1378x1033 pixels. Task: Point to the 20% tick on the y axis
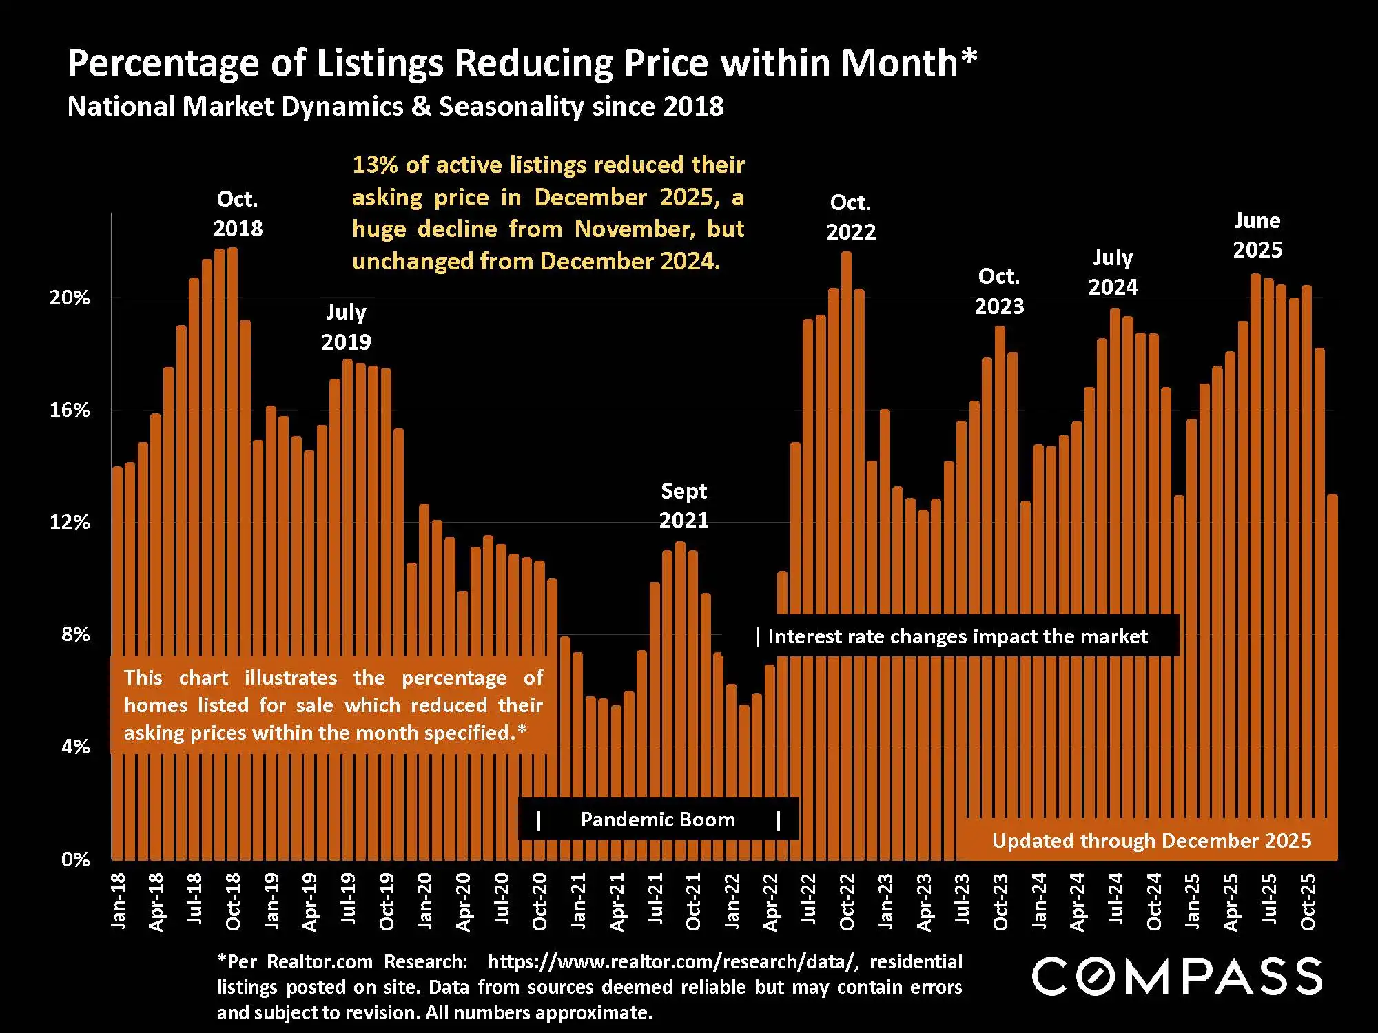70,298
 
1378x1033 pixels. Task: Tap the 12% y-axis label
70,522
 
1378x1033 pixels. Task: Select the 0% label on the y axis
75,859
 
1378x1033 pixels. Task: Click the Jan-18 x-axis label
119,901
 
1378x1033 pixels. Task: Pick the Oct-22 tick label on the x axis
847,901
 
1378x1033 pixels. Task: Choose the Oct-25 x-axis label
1307,901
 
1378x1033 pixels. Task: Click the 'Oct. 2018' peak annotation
238,213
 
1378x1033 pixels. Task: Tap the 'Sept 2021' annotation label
683,505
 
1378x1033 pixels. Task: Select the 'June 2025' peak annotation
1257,235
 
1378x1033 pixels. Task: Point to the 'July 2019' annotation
346,326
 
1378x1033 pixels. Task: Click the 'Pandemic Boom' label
657,820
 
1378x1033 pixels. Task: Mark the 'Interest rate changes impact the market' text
957,636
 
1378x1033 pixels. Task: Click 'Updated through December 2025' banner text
1151,841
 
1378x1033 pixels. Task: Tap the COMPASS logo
1176,976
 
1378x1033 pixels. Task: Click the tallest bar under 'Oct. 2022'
846,551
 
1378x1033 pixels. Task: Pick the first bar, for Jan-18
117,661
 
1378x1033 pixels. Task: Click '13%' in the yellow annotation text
374,165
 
